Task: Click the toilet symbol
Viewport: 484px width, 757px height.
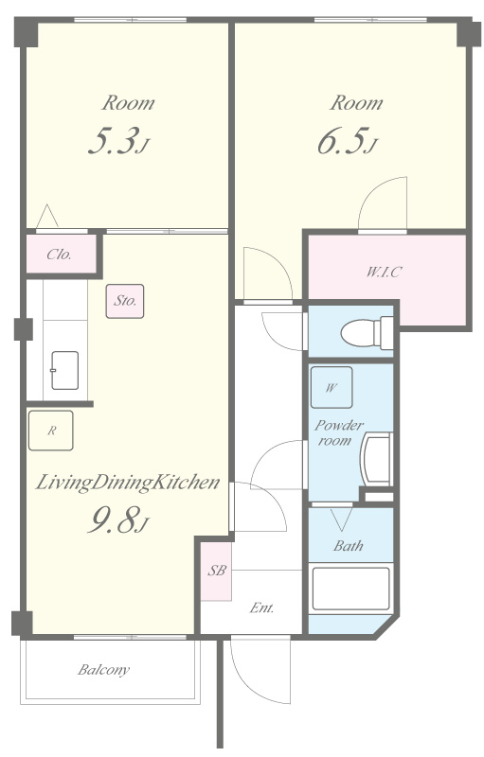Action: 367,333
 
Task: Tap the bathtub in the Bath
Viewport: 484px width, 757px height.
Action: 350,589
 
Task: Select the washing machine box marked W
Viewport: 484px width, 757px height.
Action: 332,387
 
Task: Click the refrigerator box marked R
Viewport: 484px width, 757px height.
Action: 51,431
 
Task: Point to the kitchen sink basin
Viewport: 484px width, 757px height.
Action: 64,370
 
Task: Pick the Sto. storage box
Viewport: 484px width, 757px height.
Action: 125,301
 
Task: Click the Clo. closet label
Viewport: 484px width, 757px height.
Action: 59,255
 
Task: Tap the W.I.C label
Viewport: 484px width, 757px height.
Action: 384,272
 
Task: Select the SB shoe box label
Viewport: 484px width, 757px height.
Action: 217,571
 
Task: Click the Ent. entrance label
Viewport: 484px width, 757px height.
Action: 262,607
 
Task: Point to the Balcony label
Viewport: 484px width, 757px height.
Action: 104,670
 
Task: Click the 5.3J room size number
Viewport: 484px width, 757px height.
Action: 117,141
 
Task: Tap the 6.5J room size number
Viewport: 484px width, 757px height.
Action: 347,141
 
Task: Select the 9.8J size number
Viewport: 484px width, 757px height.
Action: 117,519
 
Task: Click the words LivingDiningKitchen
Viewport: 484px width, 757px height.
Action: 128,483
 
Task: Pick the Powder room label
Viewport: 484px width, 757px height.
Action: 338,432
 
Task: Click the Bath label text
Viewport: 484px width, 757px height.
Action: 349,546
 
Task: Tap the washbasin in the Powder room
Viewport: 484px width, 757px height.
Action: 377,459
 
